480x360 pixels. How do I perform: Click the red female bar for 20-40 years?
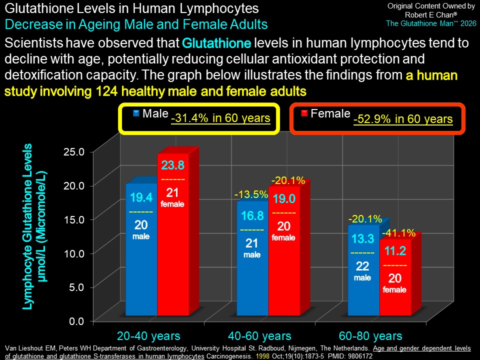tap(173, 234)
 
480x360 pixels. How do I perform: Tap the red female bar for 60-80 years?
tap(395, 277)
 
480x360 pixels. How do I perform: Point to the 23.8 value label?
tap(173, 165)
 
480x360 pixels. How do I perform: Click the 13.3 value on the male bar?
tap(363, 239)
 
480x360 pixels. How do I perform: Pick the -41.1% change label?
tap(399, 233)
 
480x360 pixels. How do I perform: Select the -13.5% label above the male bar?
tap(251, 194)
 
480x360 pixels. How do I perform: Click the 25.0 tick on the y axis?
tap(74, 151)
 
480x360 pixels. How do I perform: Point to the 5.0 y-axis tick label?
tap(76, 287)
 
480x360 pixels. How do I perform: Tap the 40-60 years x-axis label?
tap(259, 336)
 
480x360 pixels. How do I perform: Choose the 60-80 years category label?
tap(370, 336)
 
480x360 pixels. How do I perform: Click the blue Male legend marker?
tap(136, 113)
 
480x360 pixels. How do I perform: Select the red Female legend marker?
tap(304, 113)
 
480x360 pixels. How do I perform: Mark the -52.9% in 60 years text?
tap(403, 119)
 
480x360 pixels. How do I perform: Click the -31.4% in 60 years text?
tap(220, 118)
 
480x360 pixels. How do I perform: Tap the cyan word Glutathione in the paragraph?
tap(216, 43)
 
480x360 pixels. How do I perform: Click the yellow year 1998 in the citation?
tap(262, 356)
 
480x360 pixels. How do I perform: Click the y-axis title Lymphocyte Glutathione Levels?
tap(27, 226)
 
